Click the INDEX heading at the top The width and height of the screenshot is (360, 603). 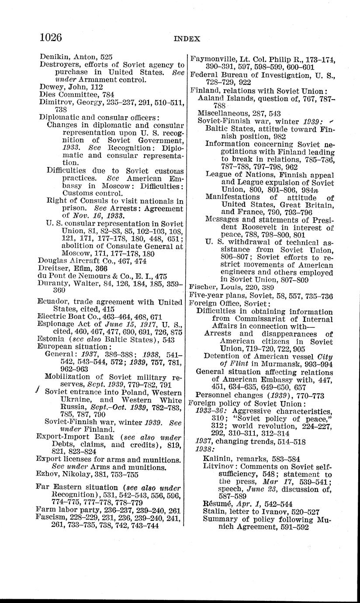187,38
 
